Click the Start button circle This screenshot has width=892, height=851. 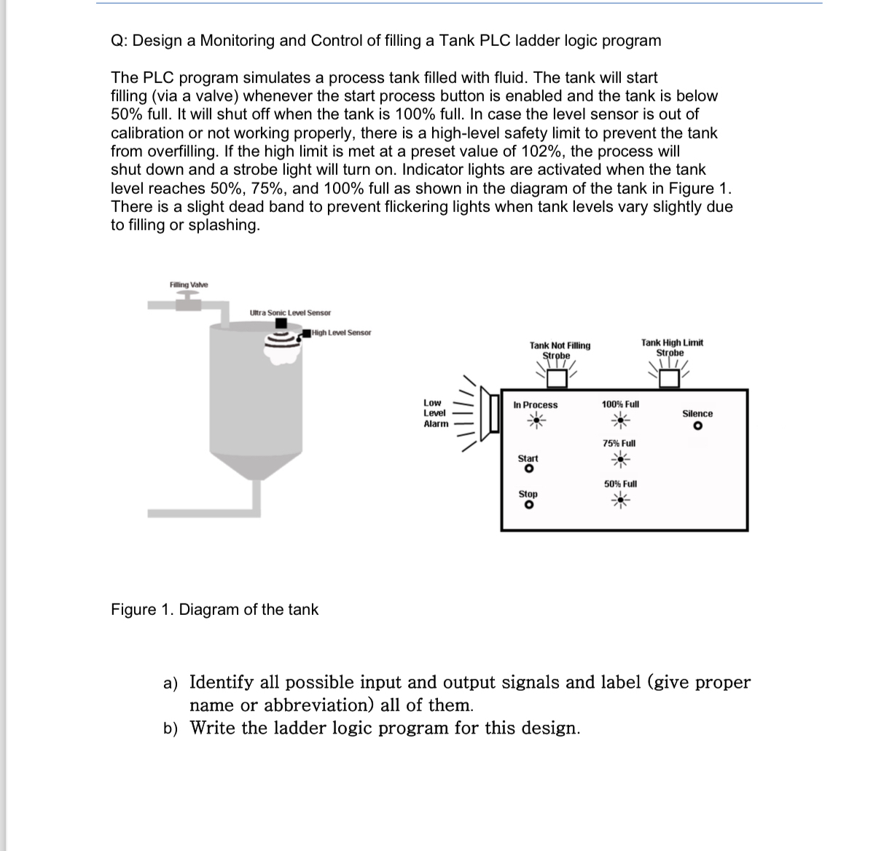pos(528,469)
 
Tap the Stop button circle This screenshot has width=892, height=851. pos(528,505)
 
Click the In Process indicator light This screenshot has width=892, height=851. pos(536,419)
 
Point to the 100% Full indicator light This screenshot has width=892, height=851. pos(620,419)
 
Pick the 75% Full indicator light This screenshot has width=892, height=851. pos(619,458)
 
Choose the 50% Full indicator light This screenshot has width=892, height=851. pos(619,499)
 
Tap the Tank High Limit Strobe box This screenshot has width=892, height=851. pos(670,377)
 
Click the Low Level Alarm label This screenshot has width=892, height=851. pos(435,413)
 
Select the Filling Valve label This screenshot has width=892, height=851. pos(189,284)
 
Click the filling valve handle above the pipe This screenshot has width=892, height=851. pos(188,294)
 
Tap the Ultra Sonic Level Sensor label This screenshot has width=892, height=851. pos(289,313)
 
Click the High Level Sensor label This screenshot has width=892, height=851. pos(341,332)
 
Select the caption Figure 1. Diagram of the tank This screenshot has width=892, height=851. pos(214,609)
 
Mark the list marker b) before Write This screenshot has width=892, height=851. pos(171,728)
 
